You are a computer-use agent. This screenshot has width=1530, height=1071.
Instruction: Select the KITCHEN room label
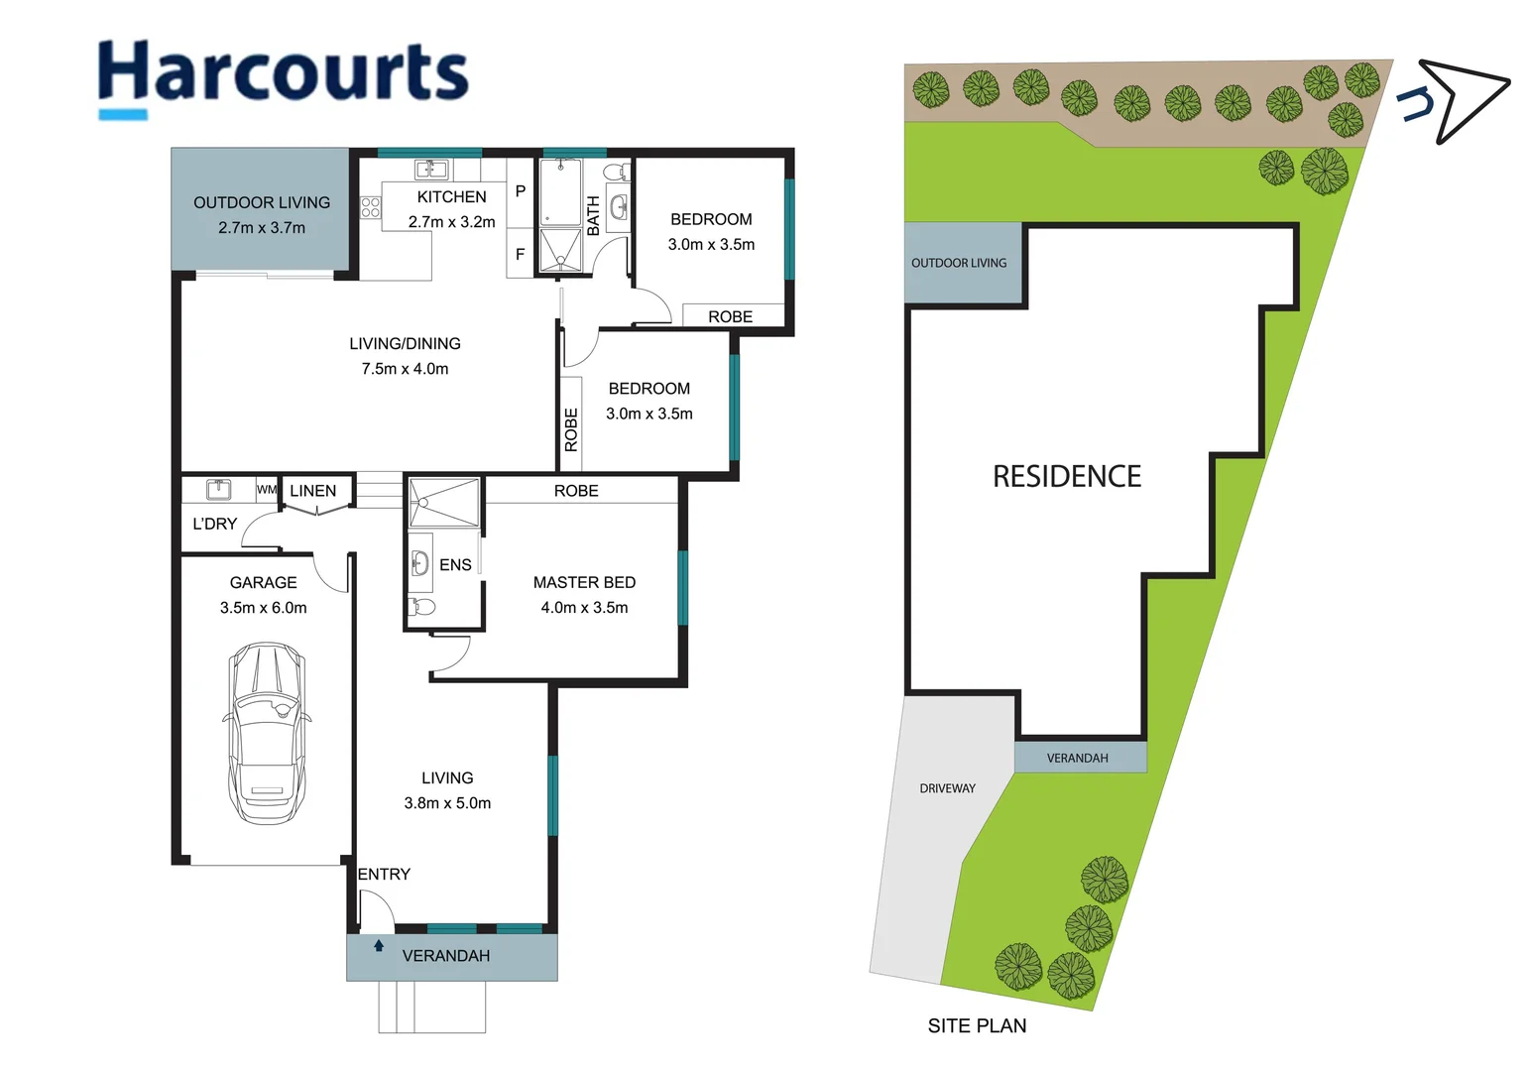pyautogui.click(x=451, y=197)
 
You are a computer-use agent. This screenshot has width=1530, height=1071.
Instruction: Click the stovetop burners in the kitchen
pyautogui.click(x=370, y=207)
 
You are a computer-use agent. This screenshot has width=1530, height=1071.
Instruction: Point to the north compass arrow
pyautogui.click(x=1458, y=99)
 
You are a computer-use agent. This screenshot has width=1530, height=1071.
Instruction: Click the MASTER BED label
pyautogui.click(x=584, y=583)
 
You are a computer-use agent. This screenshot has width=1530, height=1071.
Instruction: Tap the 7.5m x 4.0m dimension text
pyautogui.click(x=405, y=369)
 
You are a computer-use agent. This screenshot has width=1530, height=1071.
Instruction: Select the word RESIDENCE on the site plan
pyautogui.click(x=1067, y=477)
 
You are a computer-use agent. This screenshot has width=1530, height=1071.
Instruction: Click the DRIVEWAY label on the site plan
pyautogui.click(x=947, y=788)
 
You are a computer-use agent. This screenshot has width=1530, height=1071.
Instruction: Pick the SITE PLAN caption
pyautogui.click(x=977, y=1026)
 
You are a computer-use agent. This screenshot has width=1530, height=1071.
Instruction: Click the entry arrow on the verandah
pyautogui.click(x=379, y=946)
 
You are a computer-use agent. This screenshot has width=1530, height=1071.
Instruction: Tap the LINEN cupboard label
pyautogui.click(x=312, y=491)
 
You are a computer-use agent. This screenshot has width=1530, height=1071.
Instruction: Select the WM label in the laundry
pyautogui.click(x=266, y=490)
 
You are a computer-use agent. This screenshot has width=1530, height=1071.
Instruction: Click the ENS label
pyautogui.click(x=455, y=565)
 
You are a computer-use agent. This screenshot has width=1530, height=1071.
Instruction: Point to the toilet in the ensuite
pyautogui.click(x=422, y=606)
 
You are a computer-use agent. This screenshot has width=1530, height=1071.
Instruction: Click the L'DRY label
pyautogui.click(x=214, y=524)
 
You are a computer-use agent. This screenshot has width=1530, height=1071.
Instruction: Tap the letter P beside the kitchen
pyautogui.click(x=520, y=191)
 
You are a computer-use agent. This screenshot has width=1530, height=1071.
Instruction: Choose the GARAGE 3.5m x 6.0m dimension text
pyautogui.click(x=263, y=608)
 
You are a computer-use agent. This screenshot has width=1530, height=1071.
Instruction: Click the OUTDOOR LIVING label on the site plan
pyautogui.click(x=958, y=263)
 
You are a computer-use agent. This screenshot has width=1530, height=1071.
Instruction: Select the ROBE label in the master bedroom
pyautogui.click(x=576, y=491)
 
